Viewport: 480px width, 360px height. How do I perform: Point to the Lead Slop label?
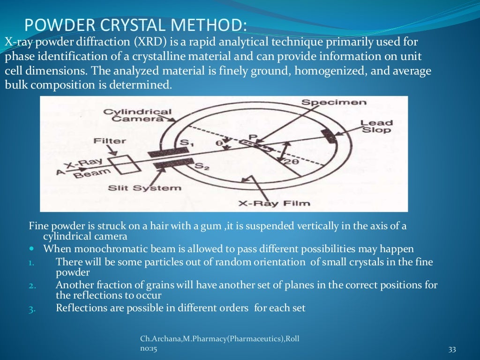click(376, 126)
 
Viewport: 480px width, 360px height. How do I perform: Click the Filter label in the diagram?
click(109, 141)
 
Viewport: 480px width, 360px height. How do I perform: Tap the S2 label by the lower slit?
click(201, 165)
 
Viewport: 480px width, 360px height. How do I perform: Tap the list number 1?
click(31, 262)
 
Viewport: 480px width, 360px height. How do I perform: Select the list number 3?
click(31, 308)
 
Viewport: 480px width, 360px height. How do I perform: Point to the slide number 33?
click(452, 349)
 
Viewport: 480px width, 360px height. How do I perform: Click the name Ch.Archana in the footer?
click(159, 338)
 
